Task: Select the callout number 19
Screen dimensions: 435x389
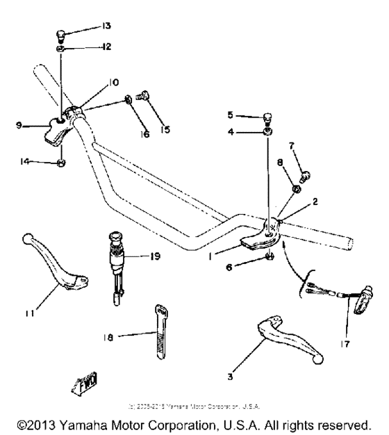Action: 155,256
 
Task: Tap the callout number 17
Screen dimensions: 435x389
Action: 347,343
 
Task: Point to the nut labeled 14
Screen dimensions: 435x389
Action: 61,163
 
